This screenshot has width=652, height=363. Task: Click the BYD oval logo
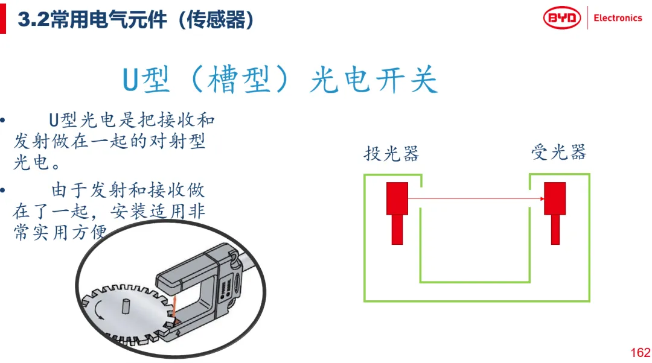(x=562, y=18)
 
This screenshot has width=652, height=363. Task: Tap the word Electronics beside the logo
(x=618, y=18)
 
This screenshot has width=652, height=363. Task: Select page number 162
(x=641, y=353)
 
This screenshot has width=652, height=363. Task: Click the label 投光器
(x=391, y=153)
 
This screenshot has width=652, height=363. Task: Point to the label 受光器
(x=558, y=152)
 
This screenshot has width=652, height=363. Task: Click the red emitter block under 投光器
(x=397, y=213)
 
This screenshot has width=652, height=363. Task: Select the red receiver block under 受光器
(x=555, y=213)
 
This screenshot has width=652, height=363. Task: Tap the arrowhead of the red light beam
(x=542, y=199)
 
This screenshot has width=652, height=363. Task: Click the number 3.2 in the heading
(x=33, y=19)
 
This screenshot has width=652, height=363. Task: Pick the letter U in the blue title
(x=130, y=79)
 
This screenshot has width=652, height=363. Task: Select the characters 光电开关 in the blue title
(x=374, y=79)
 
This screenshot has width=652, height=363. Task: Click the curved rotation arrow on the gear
(x=99, y=311)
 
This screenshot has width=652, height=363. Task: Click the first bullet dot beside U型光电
(x=2, y=121)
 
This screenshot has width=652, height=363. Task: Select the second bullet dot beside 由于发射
(x=2, y=191)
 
